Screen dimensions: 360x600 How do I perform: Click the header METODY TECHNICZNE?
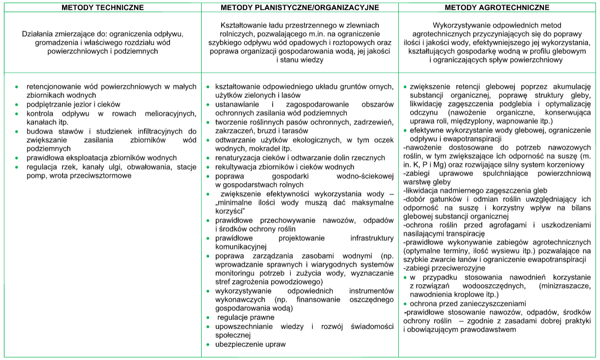point(102,7)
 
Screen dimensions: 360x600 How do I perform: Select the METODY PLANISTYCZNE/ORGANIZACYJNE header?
point(300,7)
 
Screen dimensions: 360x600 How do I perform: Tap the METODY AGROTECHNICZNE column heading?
point(498,7)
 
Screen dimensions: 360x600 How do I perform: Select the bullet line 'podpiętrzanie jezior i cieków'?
point(74,104)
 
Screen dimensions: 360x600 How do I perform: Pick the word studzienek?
point(104,131)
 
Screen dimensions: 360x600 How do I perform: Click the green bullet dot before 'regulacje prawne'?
point(208,317)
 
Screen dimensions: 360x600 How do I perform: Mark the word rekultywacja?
point(236,166)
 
